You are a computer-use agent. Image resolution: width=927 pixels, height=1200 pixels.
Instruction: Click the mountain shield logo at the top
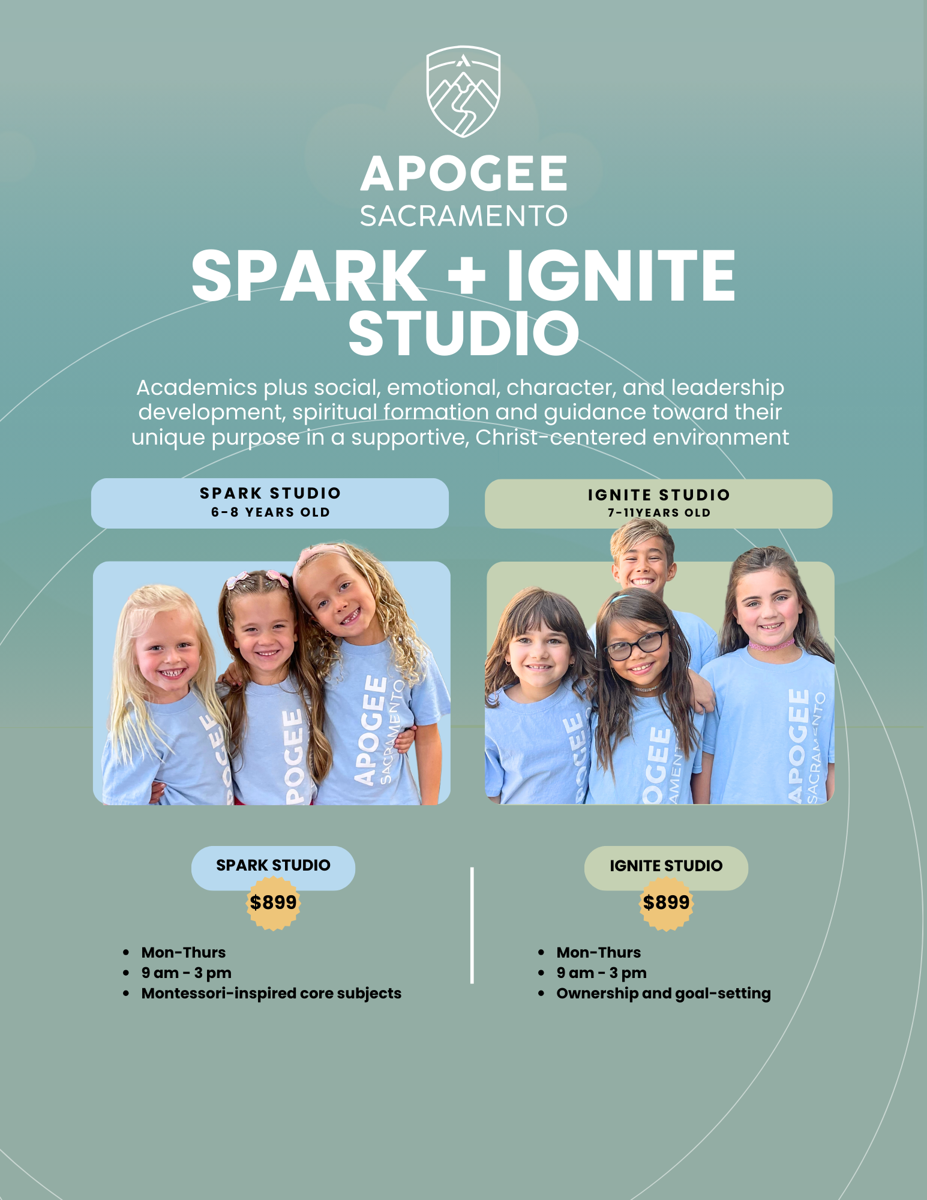click(463, 91)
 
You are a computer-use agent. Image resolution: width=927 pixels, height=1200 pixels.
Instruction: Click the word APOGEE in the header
click(463, 174)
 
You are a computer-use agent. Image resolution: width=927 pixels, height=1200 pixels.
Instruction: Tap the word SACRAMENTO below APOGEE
click(463, 216)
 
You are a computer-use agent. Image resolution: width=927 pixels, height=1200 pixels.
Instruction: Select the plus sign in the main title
click(466, 275)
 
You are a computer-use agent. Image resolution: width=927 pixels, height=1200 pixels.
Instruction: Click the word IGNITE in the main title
click(621, 276)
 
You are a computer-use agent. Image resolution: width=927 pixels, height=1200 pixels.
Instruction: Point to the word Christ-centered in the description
click(560, 437)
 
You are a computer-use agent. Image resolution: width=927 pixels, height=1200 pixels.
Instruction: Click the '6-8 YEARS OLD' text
click(271, 512)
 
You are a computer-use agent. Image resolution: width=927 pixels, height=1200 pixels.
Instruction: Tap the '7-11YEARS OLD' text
click(659, 513)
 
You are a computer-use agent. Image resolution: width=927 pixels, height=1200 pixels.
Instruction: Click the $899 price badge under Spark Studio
click(273, 902)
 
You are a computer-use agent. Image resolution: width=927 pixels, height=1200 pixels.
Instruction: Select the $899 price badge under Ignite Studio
click(666, 902)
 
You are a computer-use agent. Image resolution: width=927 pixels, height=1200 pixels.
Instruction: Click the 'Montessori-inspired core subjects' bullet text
click(271, 994)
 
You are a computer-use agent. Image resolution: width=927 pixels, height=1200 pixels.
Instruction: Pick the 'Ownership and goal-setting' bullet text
click(663, 994)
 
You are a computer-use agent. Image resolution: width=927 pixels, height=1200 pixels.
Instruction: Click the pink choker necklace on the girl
click(771, 646)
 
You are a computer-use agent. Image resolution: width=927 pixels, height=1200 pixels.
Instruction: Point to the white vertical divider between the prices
click(472, 924)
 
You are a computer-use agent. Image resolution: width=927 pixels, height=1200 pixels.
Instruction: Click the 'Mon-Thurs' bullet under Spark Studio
click(184, 953)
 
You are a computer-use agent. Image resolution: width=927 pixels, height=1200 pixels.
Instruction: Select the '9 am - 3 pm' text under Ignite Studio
click(601, 973)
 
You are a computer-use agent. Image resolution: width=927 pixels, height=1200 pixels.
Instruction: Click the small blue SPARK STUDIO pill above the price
click(273, 865)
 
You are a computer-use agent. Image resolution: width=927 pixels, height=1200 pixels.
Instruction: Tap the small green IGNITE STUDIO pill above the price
click(666, 866)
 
